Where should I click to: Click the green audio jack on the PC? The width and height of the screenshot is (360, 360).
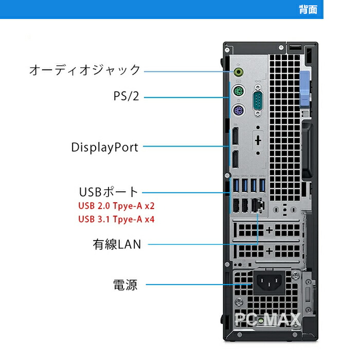238,70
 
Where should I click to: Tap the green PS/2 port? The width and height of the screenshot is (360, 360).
237,93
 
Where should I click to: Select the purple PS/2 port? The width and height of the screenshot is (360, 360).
237,110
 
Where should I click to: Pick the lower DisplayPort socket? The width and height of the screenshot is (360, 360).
235,160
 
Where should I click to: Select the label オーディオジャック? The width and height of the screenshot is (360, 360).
85,70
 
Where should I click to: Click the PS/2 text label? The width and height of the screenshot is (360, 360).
126,96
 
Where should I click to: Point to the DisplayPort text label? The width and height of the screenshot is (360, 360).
104,148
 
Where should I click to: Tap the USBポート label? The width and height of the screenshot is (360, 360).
109,192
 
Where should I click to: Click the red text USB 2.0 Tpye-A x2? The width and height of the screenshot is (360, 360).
116,206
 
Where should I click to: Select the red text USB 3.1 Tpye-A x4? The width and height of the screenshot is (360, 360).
116,219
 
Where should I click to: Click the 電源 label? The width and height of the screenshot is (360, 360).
125,284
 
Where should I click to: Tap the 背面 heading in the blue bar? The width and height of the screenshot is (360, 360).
308,10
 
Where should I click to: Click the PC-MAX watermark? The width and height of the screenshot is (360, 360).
267,320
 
